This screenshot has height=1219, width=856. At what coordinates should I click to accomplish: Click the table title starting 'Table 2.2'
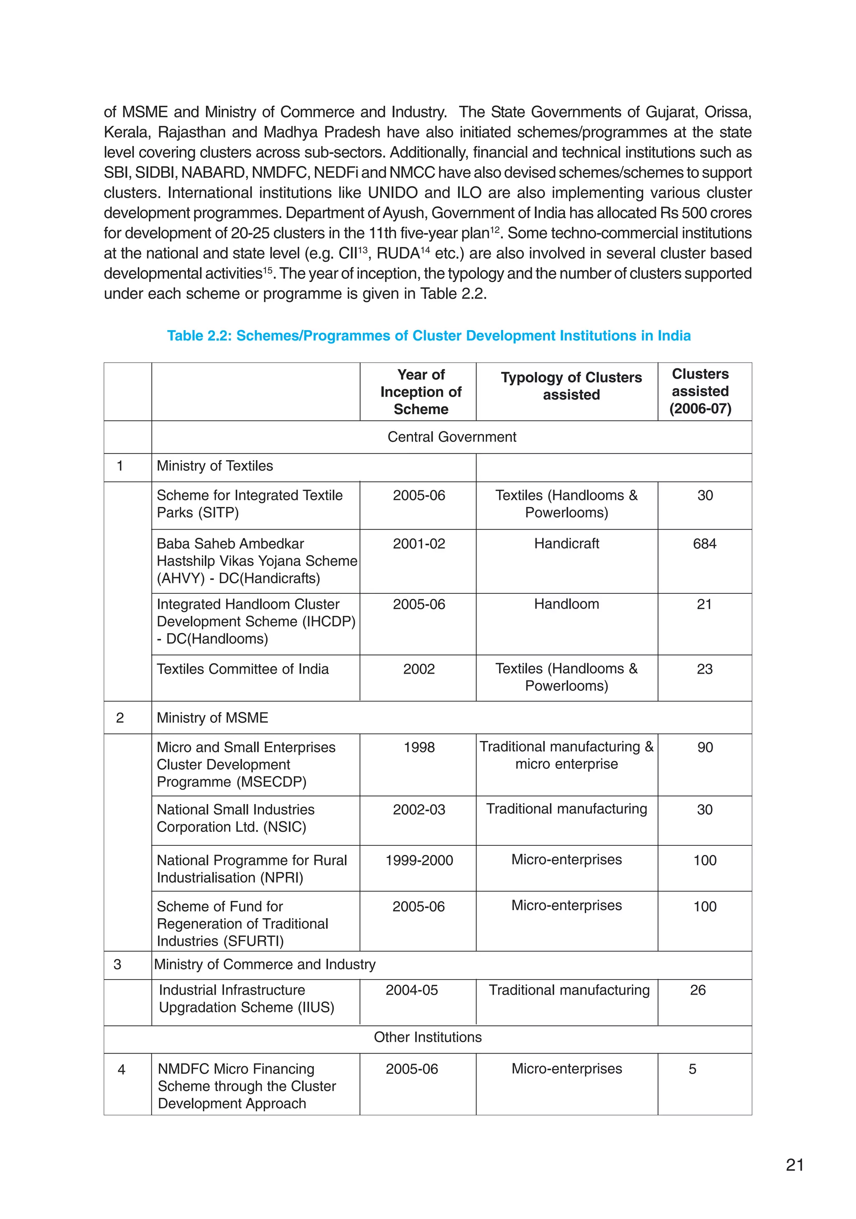[428, 336]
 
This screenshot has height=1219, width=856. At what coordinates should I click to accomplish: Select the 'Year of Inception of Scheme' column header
[420, 392]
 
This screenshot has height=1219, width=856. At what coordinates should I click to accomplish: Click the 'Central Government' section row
[451, 437]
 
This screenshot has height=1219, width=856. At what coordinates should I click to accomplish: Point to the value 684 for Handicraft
[704, 544]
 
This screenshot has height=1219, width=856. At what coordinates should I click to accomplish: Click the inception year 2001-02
[418, 544]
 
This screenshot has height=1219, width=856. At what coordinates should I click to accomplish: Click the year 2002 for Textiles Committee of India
[418, 669]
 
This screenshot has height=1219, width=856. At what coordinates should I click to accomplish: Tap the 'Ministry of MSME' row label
[212, 718]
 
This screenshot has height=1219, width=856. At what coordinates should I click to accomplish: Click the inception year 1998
[418, 748]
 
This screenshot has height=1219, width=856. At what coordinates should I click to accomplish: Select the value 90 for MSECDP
[705, 748]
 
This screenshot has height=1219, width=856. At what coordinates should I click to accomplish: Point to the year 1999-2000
[418, 860]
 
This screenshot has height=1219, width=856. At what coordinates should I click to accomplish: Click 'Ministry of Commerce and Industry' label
[265, 964]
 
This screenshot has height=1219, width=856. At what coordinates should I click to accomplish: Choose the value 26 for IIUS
[697, 990]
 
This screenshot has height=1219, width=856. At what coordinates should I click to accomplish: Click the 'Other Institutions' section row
[428, 1037]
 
